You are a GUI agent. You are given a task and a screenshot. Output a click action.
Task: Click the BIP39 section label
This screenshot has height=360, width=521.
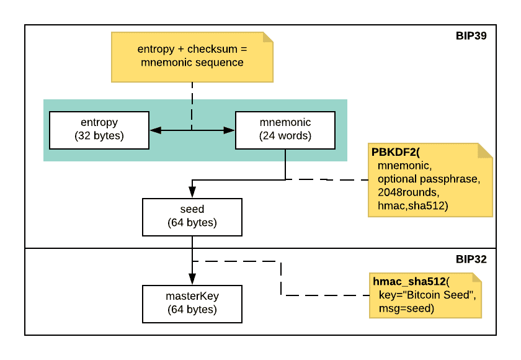click(471, 36)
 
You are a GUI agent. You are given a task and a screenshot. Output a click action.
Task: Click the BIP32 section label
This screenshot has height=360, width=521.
click(471, 259)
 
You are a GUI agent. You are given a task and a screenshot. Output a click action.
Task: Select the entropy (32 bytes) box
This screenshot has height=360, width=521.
click(99, 130)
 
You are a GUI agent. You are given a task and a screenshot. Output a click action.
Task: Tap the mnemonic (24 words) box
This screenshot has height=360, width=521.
click(285, 130)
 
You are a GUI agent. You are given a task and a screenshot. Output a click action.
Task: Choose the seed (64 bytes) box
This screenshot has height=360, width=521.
click(192, 217)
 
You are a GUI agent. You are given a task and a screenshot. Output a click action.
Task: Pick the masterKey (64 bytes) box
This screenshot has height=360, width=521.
click(192, 304)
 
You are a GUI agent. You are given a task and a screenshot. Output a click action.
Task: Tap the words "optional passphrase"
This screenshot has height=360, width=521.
click(428, 179)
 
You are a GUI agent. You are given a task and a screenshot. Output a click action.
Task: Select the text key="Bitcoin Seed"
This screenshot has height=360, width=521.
click(427, 295)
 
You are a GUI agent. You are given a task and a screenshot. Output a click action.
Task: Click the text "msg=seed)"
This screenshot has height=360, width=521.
click(406, 308)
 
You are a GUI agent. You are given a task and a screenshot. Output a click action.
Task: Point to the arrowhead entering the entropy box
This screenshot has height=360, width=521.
click(155, 130)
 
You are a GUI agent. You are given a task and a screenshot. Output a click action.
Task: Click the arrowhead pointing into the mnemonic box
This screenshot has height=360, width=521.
click(229, 130)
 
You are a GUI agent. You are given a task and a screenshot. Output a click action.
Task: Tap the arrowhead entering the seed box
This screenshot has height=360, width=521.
click(192, 193)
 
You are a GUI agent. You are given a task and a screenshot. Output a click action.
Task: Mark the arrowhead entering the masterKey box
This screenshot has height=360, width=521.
click(192, 279)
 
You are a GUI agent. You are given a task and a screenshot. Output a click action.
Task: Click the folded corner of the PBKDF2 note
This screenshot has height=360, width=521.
click(485, 150)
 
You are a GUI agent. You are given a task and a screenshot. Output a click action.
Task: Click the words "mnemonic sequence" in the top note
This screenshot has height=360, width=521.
click(192, 63)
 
